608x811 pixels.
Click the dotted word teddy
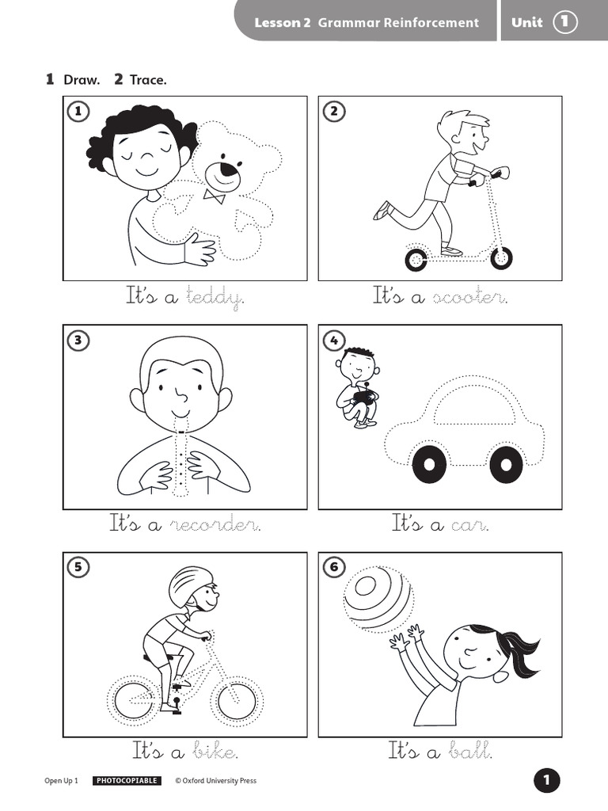click(x=214, y=297)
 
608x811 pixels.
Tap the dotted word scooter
click(x=469, y=297)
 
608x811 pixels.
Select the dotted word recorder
click(x=215, y=524)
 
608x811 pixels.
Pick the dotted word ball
click(x=471, y=750)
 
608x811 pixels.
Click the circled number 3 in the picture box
click(x=78, y=341)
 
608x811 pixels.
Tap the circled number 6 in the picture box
click(x=333, y=567)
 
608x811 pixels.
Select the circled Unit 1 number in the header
click(x=564, y=22)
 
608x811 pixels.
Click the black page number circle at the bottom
click(x=546, y=780)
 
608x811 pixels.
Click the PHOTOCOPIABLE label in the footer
click(x=127, y=781)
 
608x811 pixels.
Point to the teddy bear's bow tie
click(x=213, y=195)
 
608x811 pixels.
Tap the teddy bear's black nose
click(x=229, y=169)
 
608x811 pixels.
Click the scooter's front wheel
click(x=500, y=257)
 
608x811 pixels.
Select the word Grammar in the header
click(x=348, y=22)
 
